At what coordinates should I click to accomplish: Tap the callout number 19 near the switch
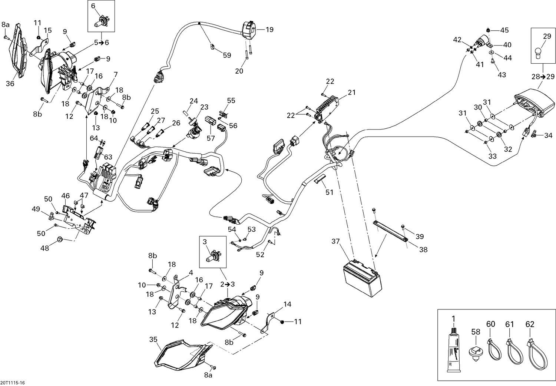(x=269, y=29)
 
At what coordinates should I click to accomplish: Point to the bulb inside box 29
(x=542, y=52)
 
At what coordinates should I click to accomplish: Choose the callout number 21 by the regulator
(x=351, y=93)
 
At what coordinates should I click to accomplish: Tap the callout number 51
(x=329, y=192)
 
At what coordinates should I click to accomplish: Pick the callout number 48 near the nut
(x=44, y=248)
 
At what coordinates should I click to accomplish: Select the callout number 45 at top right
(x=504, y=30)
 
